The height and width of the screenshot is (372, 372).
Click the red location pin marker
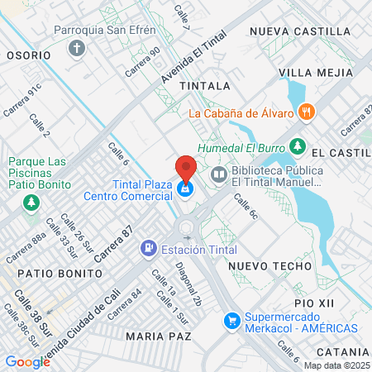coord(186,168)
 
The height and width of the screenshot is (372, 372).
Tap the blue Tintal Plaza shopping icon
coord(186,190)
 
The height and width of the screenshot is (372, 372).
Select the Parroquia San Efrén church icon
coord(78,49)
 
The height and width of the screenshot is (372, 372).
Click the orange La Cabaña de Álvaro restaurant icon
coord(307,112)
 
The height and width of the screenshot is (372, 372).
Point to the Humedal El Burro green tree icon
coord(298,148)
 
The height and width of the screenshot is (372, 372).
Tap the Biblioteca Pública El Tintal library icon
coord(218,174)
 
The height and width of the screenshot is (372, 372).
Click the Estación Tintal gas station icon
coord(149,247)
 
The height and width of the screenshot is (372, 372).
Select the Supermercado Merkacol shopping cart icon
coord(235,318)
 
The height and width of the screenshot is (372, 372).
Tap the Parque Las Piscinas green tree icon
coord(31,202)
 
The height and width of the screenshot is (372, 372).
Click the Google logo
coord(27,361)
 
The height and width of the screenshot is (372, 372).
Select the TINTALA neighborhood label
coord(204,85)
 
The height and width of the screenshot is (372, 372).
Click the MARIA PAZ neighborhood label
coord(159,336)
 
